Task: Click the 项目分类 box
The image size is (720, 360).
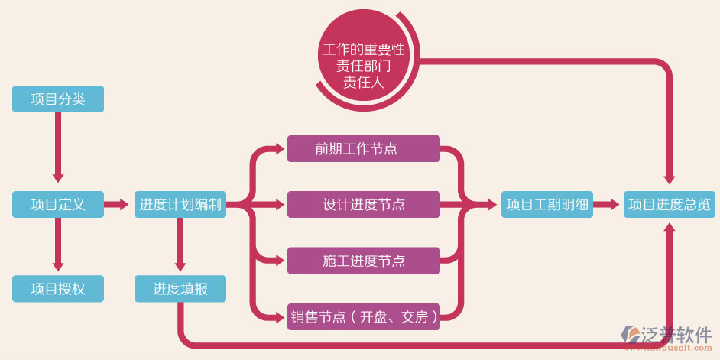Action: pos(58,99)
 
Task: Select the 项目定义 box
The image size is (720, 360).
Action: pos(58,204)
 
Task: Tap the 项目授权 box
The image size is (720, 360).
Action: pos(58,289)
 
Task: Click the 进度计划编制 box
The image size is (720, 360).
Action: pos(180,204)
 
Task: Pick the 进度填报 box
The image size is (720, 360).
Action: pos(180,289)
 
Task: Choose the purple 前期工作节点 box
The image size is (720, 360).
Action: pos(363,148)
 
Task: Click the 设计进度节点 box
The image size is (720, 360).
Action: pos(363,204)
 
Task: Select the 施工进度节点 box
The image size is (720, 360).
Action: pos(363,261)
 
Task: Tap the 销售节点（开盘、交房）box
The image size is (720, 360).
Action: pos(363,316)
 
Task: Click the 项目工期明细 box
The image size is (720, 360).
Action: pos(547,204)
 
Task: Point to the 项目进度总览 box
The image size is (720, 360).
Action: pos(669,204)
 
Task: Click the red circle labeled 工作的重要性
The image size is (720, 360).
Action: pos(363,66)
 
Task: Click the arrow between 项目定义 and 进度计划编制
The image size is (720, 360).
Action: pos(117,204)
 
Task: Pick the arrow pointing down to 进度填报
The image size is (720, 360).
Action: pos(180,245)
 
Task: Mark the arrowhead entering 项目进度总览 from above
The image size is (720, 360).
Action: pos(670,179)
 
